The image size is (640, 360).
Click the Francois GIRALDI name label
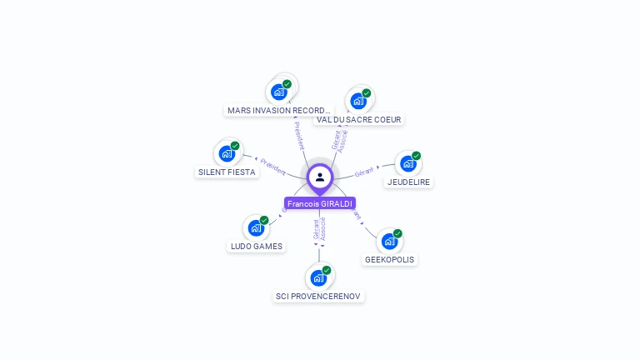pyautogui.click(x=320, y=203)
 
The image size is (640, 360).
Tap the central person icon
pyautogui.click(x=320, y=177)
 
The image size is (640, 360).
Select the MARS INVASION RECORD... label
pyautogui.click(x=279, y=110)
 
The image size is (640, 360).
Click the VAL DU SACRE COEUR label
pyautogui.click(x=359, y=120)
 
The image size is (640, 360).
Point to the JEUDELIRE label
pyautogui.click(x=409, y=182)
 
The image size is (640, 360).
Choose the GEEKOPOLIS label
pyautogui.click(x=389, y=259)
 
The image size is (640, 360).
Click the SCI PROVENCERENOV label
pyautogui.click(x=319, y=296)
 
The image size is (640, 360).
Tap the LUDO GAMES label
pyautogui.click(x=257, y=247)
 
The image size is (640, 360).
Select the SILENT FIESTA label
pyautogui.click(x=227, y=172)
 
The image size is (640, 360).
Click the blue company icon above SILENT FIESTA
pyautogui.click(x=227, y=153)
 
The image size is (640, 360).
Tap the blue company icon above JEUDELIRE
pyautogui.click(x=408, y=163)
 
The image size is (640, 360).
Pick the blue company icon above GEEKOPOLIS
pyautogui.click(x=389, y=242)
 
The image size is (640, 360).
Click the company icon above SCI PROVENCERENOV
pyautogui.click(x=318, y=277)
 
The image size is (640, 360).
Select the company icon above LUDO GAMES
pyautogui.click(x=256, y=227)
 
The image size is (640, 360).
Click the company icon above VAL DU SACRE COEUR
pyautogui.click(x=358, y=101)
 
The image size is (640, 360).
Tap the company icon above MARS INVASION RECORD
pyautogui.click(x=279, y=92)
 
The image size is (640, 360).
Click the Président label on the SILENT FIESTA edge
pyautogui.click(x=272, y=163)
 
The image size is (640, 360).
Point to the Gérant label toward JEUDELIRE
pyautogui.click(x=363, y=172)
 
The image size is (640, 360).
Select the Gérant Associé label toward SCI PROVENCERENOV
pyautogui.click(x=319, y=230)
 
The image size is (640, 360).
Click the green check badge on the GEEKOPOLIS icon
pyautogui.click(x=397, y=233)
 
